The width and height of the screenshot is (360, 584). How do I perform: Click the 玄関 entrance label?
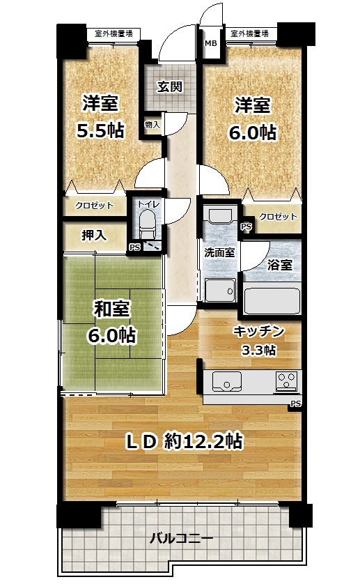click(169, 87)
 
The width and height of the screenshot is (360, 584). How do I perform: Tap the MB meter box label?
click(210, 43)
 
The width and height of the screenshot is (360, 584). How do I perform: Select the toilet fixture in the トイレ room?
click(147, 224)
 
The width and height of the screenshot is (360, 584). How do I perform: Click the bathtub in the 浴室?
click(272, 299)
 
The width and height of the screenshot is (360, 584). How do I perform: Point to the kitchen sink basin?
click(226, 381)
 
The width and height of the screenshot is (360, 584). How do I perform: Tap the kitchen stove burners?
click(287, 381)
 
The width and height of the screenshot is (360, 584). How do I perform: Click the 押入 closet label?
click(94, 236)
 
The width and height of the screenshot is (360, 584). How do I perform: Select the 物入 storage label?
click(152, 125)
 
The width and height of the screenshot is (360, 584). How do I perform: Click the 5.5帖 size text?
click(100, 130)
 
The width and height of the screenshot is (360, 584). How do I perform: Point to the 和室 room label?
click(111, 309)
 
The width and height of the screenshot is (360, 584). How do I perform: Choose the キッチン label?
click(258, 331)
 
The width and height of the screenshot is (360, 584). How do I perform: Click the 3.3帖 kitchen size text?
click(258, 350)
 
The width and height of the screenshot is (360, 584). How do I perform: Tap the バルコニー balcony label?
click(181, 539)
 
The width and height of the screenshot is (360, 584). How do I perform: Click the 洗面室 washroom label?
click(219, 252)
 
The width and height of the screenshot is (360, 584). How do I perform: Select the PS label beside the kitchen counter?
click(296, 404)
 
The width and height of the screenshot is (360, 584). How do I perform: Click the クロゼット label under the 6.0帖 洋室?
click(278, 217)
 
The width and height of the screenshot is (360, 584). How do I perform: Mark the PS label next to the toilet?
click(134, 247)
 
